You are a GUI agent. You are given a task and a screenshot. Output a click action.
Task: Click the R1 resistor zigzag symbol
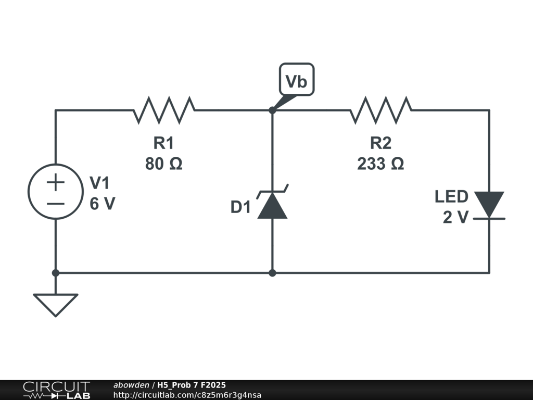point(164,110)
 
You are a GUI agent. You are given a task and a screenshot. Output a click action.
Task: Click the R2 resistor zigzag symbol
point(380,110)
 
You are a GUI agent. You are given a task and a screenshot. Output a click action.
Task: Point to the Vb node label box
point(297,80)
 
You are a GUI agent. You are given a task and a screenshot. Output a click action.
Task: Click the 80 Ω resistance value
point(164,164)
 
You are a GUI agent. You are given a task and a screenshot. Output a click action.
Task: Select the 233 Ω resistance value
point(380,164)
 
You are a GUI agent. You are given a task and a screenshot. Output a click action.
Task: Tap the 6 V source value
point(103,204)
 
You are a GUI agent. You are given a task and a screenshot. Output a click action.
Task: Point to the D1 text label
point(240,207)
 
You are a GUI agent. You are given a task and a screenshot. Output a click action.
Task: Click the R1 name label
point(164,143)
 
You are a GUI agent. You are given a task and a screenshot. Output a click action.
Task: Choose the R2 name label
point(380,143)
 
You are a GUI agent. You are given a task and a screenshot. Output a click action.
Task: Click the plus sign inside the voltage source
point(56,182)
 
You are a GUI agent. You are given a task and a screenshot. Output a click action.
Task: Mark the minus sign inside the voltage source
point(56,204)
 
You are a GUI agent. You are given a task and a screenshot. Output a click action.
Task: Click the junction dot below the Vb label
point(272,110)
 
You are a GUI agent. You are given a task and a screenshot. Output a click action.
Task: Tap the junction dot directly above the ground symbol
point(56,273)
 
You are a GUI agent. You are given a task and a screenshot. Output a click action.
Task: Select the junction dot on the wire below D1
point(272,273)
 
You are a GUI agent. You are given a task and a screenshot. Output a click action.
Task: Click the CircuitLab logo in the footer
point(57,390)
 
